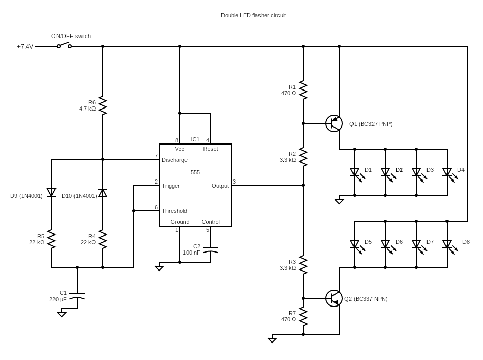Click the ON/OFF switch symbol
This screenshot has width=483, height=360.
[64, 45]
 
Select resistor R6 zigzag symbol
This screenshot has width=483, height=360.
[103, 105]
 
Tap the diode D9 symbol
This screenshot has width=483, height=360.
[51, 192]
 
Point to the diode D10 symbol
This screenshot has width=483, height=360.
[103, 193]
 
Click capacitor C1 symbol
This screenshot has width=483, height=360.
[77, 297]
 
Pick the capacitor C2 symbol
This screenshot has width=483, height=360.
[211, 250]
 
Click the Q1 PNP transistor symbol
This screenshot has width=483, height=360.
[334, 123]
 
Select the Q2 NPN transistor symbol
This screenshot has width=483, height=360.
[334, 298]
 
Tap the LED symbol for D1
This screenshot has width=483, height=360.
[355, 172]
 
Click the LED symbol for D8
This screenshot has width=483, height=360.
[447, 244]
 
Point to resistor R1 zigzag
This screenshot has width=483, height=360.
[303, 90]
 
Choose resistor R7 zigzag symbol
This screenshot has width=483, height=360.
[303, 316]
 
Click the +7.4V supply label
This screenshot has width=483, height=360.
[25, 47]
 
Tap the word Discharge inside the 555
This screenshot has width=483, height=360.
[175, 160]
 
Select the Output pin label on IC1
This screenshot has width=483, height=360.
[220, 186]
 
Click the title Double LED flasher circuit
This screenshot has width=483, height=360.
[253, 15]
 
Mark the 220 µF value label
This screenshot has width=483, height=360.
[58, 299]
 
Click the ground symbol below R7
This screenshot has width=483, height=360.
[272, 339]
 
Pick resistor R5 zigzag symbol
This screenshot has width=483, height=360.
[51, 239]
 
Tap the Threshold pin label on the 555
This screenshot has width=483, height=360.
[174, 211]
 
